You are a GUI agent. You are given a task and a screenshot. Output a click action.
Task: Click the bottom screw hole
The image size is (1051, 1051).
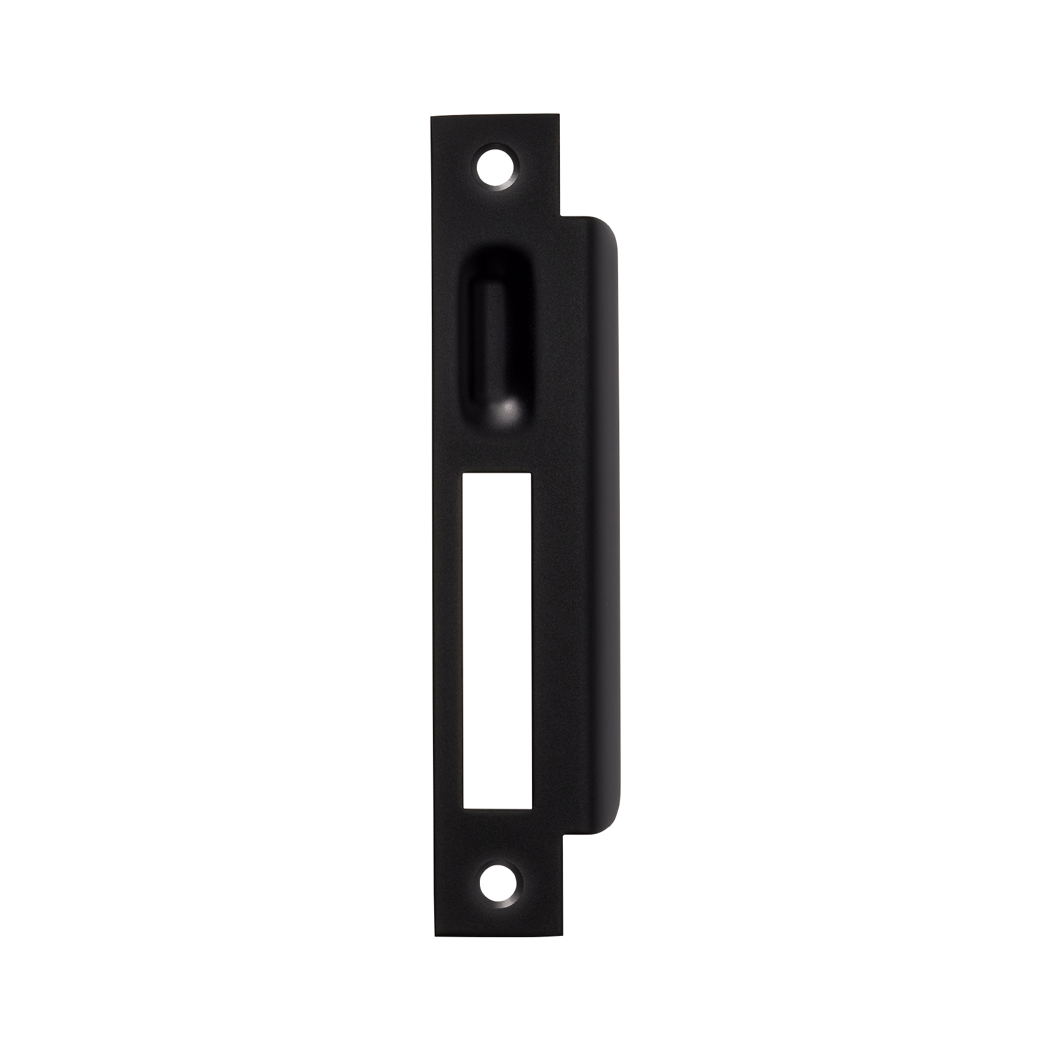pyautogui.click(x=497, y=886)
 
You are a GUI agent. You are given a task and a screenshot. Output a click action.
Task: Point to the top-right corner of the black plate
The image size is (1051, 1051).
pyautogui.click(x=559, y=116)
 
